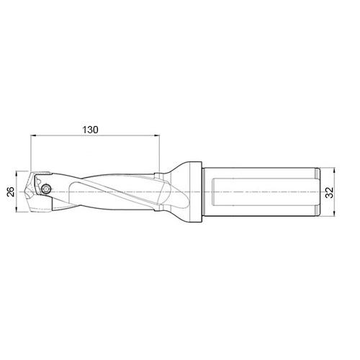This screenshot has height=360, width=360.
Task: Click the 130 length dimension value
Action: (90, 130)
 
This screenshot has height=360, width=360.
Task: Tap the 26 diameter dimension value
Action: (11, 192)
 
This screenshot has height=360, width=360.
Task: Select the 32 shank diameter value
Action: (329, 193)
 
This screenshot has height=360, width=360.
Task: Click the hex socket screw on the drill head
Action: (46, 189)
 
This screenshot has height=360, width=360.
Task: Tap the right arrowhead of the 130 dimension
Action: (157, 136)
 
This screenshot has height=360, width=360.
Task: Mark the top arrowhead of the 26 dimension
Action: (17, 174)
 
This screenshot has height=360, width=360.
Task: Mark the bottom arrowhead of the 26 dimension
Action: (17, 210)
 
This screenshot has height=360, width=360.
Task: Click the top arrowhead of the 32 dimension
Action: (334, 171)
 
